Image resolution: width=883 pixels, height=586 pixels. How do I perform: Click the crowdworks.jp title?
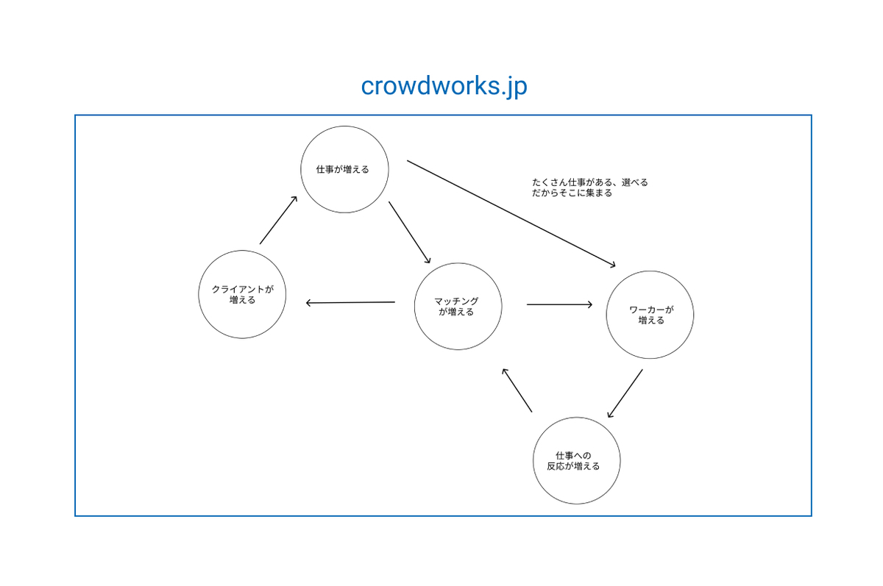point(444,86)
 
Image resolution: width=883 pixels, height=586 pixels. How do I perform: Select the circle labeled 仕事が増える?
point(344,169)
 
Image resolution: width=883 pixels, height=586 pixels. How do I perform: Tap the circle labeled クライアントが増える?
point(242,294)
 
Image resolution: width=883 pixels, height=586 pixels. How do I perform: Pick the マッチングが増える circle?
point(458,307)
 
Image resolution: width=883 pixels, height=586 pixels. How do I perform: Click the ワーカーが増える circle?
point(650,315)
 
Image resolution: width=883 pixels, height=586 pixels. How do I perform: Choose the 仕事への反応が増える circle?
point(577,460)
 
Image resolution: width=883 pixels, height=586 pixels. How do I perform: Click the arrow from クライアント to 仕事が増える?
point(278,220)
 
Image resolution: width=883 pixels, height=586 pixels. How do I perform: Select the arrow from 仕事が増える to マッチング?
point(410,232)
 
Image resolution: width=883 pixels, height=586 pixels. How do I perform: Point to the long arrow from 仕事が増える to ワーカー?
point(511,214)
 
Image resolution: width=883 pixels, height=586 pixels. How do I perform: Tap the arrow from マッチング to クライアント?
point(350,302)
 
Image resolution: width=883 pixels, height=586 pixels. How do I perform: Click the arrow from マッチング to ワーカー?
point(559,304)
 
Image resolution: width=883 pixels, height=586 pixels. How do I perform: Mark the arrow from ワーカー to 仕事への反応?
point(625,393)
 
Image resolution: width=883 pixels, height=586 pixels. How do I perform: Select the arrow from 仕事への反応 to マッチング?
point(517,390)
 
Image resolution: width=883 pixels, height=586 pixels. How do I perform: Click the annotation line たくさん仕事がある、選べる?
point(589,182)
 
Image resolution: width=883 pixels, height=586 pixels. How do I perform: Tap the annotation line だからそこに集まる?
point(572,193)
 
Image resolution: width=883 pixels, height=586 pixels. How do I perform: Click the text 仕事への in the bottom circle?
point(573,456)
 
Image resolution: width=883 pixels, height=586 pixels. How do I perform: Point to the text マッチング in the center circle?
point(456,301)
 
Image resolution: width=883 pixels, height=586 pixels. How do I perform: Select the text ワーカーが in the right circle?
point(651,310)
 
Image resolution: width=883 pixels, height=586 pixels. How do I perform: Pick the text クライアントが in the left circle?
point(242,290)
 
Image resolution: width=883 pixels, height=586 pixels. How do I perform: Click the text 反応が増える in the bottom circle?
point(573,466)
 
